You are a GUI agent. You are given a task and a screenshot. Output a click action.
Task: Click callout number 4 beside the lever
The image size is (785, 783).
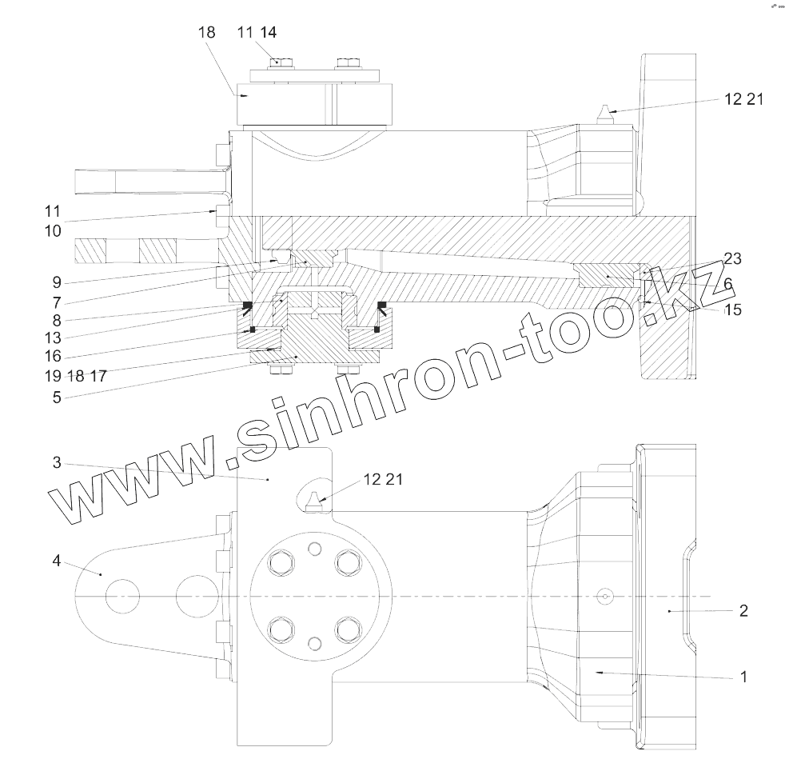[56, 561]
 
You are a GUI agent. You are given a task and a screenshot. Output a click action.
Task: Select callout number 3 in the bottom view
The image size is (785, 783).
[57, 463]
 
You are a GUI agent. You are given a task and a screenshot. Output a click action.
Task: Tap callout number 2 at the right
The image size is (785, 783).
[743, 611]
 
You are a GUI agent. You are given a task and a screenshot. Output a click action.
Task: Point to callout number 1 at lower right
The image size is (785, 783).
[743, 677]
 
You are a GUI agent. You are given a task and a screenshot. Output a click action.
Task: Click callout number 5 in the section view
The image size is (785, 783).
[56, 396]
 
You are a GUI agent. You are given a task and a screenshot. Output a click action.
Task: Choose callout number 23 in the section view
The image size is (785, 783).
[732, 258]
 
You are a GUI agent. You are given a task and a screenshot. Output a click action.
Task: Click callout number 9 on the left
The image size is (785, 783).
[56, 282]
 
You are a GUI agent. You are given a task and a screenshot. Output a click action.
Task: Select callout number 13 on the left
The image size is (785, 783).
[54, 338]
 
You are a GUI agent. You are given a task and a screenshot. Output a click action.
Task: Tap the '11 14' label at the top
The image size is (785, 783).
[257, 32]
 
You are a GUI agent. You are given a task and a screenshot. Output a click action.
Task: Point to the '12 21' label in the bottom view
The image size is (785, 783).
[383, 479]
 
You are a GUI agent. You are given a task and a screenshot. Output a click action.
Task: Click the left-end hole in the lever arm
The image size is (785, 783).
[122, 597]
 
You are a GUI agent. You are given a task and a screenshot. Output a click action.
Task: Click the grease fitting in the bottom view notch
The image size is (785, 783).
[314, 499]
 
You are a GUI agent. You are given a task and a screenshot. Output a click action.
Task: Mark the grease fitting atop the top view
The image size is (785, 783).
[605, 113]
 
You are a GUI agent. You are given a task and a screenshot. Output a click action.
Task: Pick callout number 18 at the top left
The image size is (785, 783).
[206, 32]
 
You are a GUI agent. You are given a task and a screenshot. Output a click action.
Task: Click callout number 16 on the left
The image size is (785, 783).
[54, 357]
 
